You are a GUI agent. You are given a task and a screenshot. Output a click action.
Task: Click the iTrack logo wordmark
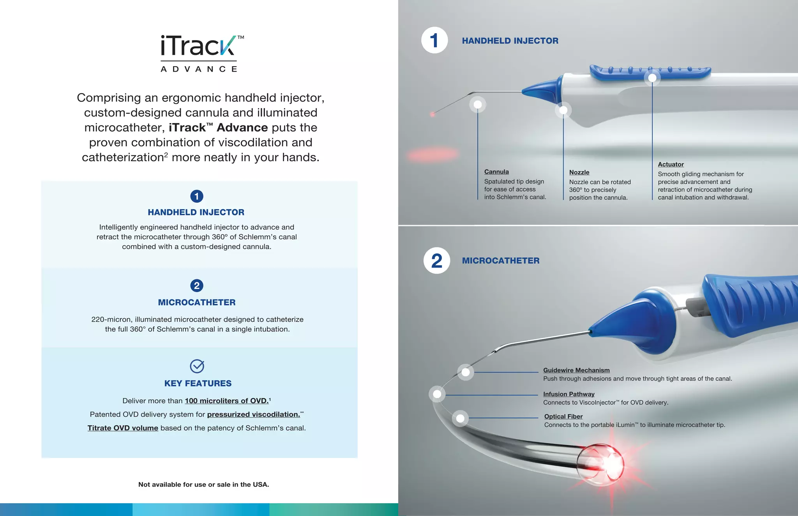tap(199, 46)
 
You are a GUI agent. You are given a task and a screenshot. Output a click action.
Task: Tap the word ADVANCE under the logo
tap(199, 69)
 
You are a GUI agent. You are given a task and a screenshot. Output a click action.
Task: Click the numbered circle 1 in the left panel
tap(197, 196)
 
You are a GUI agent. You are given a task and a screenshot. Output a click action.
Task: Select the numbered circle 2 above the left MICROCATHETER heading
tap(197, 285)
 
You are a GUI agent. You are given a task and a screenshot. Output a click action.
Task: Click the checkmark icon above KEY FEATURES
tap(197, 366)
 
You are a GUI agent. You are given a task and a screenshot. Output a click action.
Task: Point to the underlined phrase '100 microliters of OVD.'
tap(227, 401)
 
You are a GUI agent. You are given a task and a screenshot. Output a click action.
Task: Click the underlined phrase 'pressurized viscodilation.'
tap(254, 414)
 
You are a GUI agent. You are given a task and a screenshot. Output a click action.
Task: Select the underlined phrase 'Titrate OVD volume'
tap(123, 428)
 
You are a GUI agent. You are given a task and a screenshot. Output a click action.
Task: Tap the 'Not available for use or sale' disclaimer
tap(203, 484)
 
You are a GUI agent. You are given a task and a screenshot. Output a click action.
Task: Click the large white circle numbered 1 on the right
tap(434, 40)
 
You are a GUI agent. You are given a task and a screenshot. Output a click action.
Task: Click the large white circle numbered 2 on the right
tap(437, 261)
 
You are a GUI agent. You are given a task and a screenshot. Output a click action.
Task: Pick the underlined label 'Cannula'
tap(496, 172)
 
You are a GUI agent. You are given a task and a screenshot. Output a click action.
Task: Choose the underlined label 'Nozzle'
tap(579, 172)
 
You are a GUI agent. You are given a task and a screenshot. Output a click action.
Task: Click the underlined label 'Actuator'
tap(671, 164)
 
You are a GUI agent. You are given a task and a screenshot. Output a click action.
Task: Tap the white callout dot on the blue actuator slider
tap(652, 78)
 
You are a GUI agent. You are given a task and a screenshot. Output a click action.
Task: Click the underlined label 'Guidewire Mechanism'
tap(576, 370)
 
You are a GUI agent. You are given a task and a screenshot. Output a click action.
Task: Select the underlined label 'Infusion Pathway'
tap(569, 394)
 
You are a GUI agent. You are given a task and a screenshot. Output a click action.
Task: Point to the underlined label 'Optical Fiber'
tap(563, 416)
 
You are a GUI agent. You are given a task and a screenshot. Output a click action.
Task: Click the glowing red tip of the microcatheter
tap(608, 465)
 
